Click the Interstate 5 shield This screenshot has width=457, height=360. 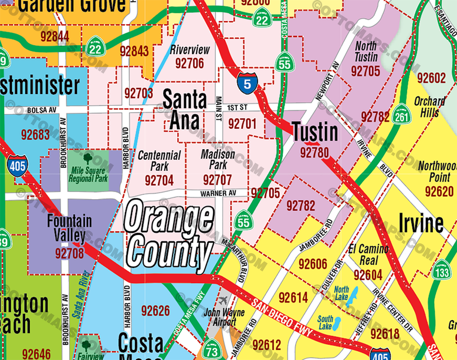[247, 83]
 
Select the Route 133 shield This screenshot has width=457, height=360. [442, 272]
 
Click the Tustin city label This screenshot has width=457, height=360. [315, 132]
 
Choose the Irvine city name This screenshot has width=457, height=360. [421, 224]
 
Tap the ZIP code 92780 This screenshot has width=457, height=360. [314, 153]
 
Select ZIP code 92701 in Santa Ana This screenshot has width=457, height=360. [242, 123]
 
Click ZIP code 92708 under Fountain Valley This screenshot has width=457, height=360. [70, 254]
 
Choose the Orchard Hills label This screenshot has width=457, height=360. [429, 106]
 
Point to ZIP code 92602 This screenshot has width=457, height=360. [431, 78]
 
